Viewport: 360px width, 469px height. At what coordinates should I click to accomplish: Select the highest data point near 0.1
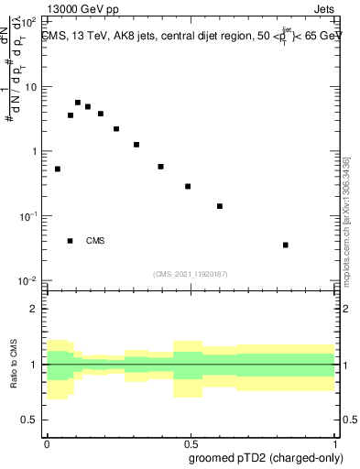point(78,103)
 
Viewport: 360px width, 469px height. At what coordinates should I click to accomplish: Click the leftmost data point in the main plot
point(58,169)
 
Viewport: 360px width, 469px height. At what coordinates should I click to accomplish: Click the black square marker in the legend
point(71,241)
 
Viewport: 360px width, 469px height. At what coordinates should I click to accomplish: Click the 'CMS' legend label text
point(95,241)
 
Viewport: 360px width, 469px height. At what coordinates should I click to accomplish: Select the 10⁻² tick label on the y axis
point(28,280)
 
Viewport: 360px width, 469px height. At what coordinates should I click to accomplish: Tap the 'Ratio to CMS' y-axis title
point(14,364)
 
